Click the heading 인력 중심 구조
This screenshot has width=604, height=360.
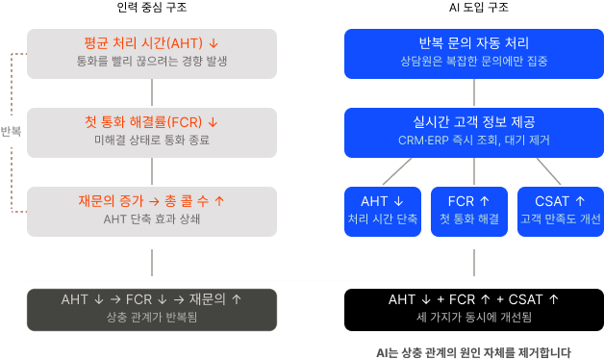pyautogui.click(x=152, y=9)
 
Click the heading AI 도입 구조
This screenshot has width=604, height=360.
pyautogui.click(x=473, y=9)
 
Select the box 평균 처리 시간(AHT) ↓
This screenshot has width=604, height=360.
pyautogui.click(x=152, y=53)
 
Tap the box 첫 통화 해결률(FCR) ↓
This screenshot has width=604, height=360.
pyautogui.click(x=152, y=132)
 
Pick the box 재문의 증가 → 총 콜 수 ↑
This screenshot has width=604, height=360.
pyautogui.click(x=152, y=210)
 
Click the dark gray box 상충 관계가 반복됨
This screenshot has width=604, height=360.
pyautogui.click(x=152, y=308)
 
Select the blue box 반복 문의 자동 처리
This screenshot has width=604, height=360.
pyautogui.click(x=473, y=53)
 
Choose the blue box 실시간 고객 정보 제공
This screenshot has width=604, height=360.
pyautogui.click(x=473, y=132)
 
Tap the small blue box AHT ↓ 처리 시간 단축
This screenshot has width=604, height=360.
pyautogui.click(x=383, y=210)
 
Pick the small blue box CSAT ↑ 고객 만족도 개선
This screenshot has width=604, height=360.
pyautogui.click(x=560, y=210)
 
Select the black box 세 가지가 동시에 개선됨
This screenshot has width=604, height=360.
pyautogui.click(x=473, y=308)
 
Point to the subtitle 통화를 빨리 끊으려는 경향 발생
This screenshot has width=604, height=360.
pyautogui.click(x=152, y=62)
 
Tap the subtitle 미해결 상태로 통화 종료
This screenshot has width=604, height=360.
pyautogui.click(x=152, y=141)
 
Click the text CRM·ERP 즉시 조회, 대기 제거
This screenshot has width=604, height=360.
pyautogui.click(x=473, y=141)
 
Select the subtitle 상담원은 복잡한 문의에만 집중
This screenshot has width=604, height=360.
pyautogui.click(x=473, y=62)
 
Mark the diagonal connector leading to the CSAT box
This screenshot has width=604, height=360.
pyautogui.click(x=548, y=169)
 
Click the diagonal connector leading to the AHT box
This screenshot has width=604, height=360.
pyautogui.click(x=397, y=169)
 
